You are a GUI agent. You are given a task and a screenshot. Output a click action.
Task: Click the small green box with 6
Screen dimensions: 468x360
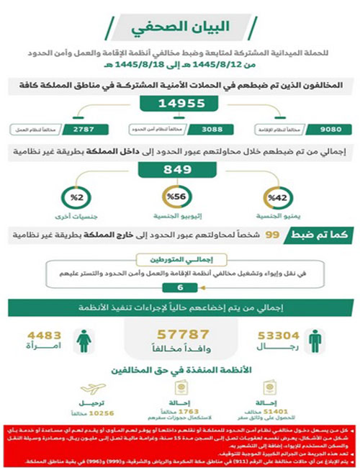pyautogui.click(x=179, y=287)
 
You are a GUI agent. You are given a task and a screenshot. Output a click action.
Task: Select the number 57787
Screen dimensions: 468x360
pyautogui.click(x=179, y=335)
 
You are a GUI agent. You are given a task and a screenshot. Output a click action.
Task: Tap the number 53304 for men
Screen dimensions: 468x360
pyautogui.click(x=278, y=335)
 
